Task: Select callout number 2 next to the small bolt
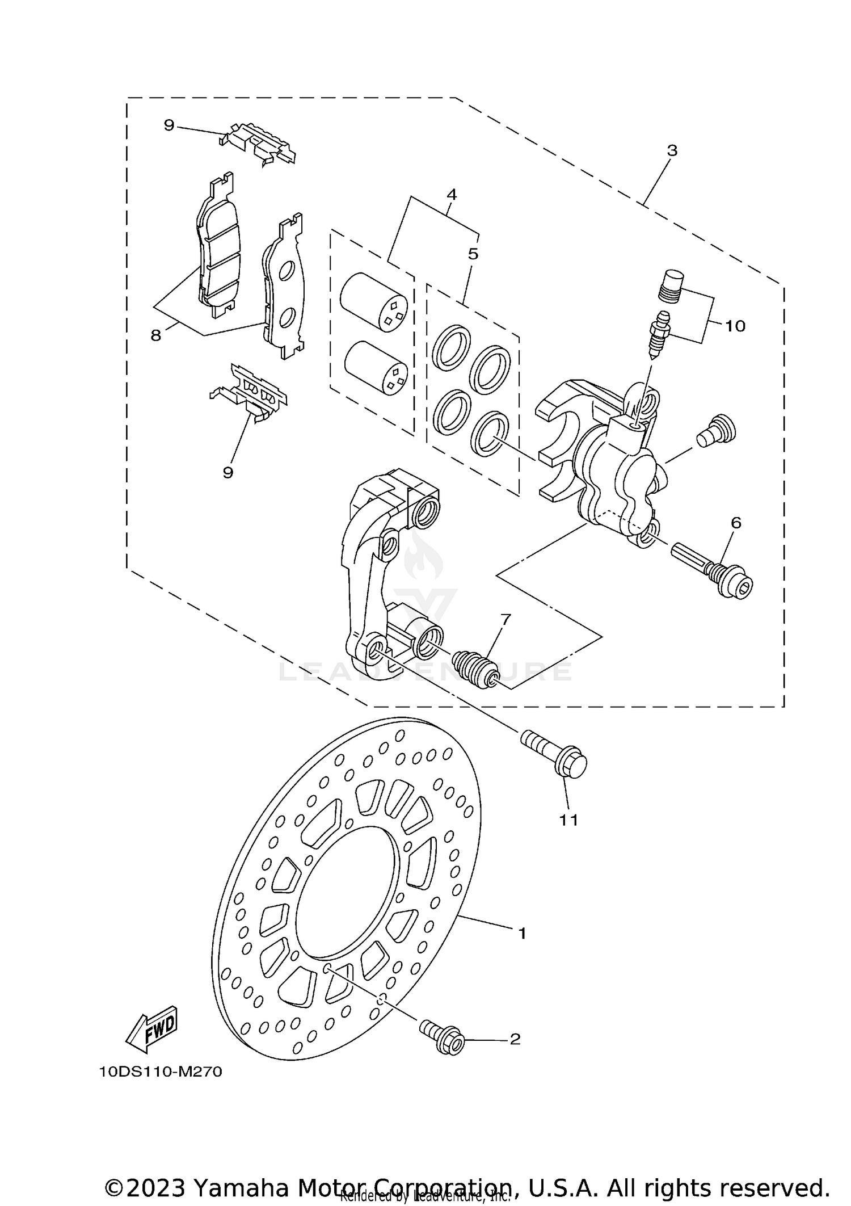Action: [x=515, y=1039]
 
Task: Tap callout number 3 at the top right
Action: [x=672, y=151]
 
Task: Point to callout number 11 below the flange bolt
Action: [x=568, y=820]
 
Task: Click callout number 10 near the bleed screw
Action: [x=735, y=326]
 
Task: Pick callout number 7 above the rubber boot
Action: [x=505, y=619]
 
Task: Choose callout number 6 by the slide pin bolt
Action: [x=736, y=523]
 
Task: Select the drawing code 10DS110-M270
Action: [x=160, y=1072]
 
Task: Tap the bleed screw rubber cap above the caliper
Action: [x=673, y=287]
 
